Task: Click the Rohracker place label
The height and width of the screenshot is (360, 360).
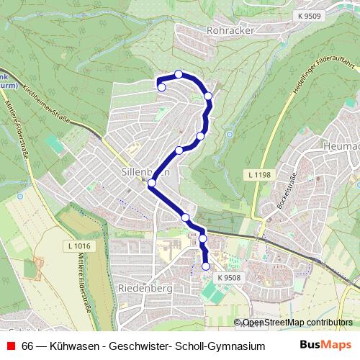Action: click(x=227, y=31)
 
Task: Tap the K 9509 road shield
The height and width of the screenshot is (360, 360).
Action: click(x=310, y=16)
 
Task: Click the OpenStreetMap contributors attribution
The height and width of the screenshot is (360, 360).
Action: click(x=297, y=322)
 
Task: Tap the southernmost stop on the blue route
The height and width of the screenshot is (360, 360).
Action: click(x=206, y=266)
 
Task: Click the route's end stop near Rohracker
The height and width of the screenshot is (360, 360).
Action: click(x=161, y=87)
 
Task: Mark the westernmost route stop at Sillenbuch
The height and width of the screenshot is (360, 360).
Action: click(x=151, y=183)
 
